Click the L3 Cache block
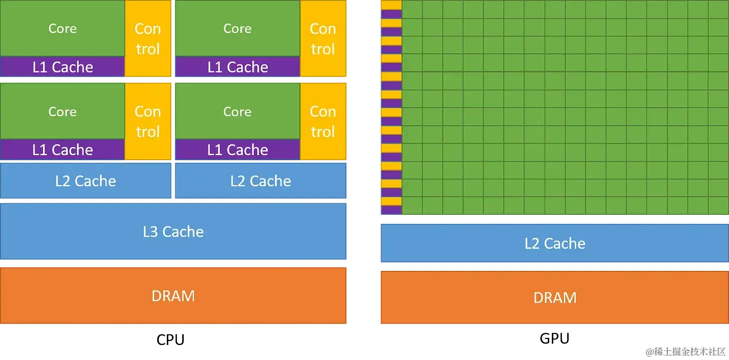(x=173, y=231)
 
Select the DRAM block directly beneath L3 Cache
(x=173, y=295)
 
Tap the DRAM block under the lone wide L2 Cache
(x=555, y=297)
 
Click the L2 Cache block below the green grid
(x=555, y=243)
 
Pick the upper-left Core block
(x=62, y=29)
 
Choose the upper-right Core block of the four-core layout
(x=237, y=29)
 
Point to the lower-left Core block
(x=62, y=111)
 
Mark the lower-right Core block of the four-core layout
(x=237, y=111)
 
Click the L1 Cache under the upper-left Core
(x=62, y=67)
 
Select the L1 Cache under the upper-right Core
(x=237, y=67)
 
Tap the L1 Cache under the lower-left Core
(x=62, y=150)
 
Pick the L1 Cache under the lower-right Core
(x=237, y=150)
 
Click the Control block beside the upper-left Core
(x=148, y=39)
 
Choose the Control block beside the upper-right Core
(x=323, y=39)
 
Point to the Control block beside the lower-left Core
(x=148, y=122)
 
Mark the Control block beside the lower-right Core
(x=323, y=122)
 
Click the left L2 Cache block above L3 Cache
(x=86, y=181)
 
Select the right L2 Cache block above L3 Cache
(x=260, y=181)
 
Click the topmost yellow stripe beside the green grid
(x=392, y=5)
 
